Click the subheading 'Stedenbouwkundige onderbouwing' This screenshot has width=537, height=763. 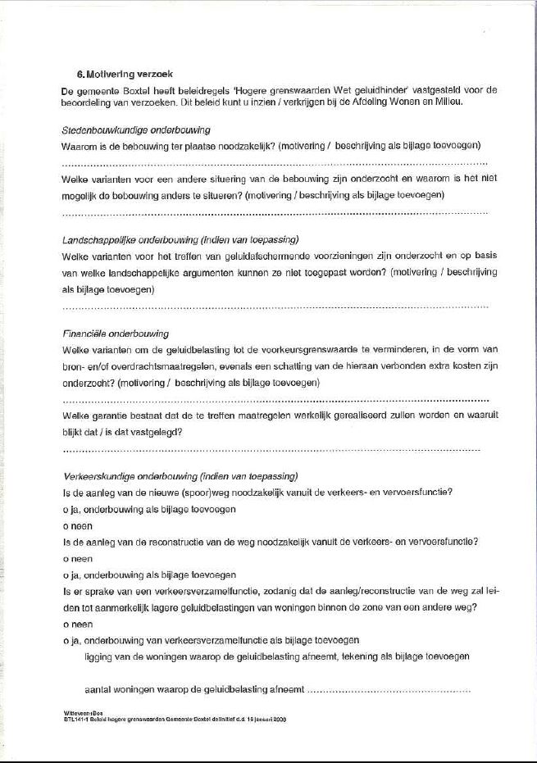coord(136,130)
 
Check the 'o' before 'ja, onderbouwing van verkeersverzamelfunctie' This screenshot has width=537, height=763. coord(66,640)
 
